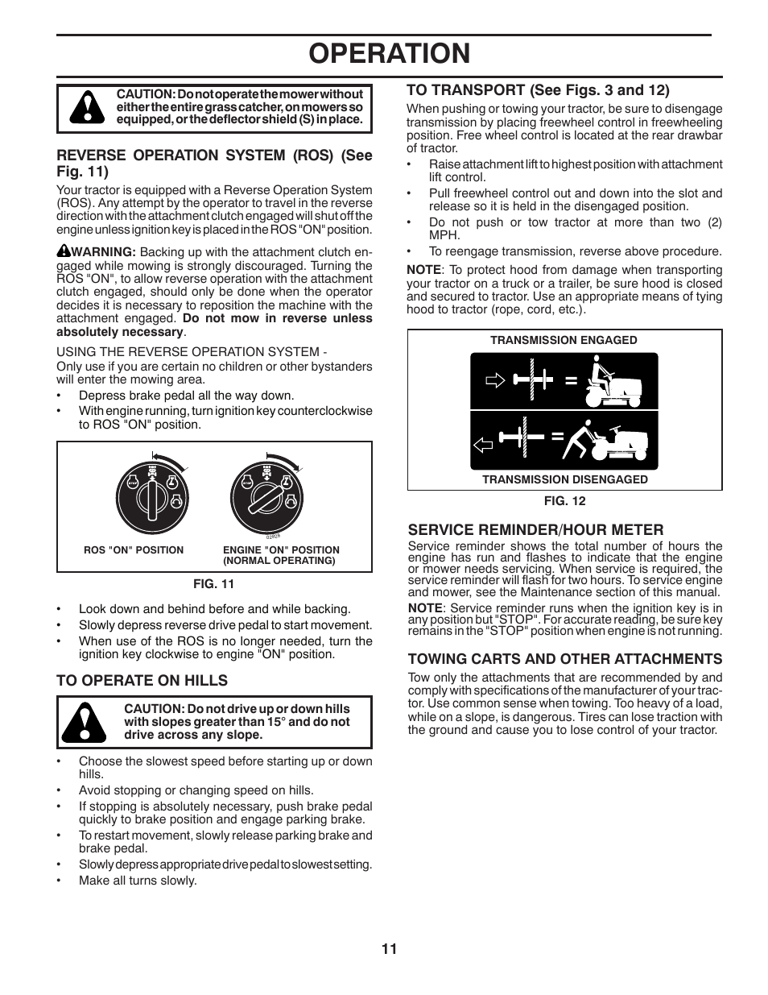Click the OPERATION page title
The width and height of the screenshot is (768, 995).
coord(383,54)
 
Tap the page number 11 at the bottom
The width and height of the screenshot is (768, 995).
coord(389,948)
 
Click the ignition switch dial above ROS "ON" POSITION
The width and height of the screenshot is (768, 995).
coord(152,493)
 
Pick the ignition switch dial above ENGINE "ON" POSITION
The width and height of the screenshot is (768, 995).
coord(266,493)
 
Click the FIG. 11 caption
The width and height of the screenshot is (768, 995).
coord(213,584)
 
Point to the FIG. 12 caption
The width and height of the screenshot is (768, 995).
coord(564,501)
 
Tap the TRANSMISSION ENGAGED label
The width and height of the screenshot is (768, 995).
coord(564,340)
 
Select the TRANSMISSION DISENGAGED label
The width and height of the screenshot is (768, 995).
coord(564,479)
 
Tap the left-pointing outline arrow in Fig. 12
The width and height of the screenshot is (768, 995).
coord(483,442)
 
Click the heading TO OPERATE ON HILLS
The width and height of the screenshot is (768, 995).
coord(142,681)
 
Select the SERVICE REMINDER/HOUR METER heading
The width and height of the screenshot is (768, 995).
coord(535,529)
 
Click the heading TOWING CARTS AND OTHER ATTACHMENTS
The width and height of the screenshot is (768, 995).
coord(564,659)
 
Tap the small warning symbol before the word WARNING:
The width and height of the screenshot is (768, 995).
coord(63,251)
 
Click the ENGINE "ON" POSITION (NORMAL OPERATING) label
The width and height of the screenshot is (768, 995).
coord(281,555)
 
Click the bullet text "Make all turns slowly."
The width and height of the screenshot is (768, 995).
coord(137,881)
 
